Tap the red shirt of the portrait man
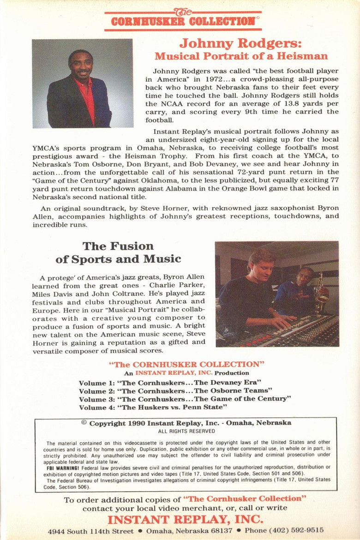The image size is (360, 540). [89, 99]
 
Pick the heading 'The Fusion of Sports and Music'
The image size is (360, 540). [119, 252]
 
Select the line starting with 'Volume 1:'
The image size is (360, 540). [170, 383]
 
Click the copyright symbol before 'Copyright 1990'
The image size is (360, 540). [84, 422]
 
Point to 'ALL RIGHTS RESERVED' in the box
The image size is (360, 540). [186, 431]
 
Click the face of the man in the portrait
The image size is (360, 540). [81, 66]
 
